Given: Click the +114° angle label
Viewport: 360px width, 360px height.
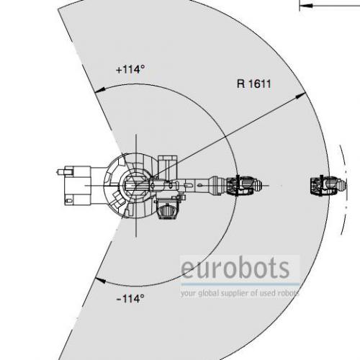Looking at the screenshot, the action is point(130,70).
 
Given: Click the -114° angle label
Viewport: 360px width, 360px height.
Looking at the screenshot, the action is point(130,299).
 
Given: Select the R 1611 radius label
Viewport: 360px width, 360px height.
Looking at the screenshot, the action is point(254,84).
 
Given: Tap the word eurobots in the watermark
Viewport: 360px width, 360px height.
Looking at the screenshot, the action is point(235,268).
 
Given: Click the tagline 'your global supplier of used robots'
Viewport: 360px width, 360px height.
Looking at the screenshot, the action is point(240,293).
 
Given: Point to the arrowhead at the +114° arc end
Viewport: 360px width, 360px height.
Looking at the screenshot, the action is point(99,90).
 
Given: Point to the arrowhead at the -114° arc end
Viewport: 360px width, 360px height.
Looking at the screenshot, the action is point(100,280).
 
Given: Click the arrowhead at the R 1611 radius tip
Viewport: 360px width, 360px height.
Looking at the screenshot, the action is point(300,96).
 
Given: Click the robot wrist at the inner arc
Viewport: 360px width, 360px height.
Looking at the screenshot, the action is point(243,186).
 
